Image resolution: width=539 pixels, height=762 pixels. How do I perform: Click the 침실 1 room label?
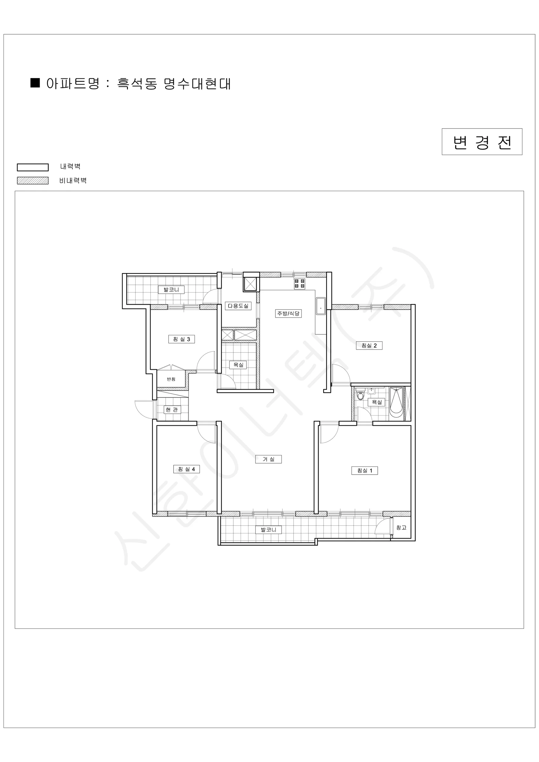click(364, 470)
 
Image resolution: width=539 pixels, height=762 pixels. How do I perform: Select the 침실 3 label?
click(181, 339)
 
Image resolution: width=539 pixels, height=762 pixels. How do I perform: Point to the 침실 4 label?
click(186, 469)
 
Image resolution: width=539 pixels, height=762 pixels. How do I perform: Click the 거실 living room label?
click(268, 459)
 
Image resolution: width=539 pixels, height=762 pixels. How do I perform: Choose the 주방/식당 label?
click(288, 313)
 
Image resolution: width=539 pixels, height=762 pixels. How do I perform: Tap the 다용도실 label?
click(238, 306)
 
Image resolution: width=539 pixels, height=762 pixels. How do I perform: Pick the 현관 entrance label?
click(172, 410)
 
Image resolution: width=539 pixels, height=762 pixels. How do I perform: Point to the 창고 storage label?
click(401, 527)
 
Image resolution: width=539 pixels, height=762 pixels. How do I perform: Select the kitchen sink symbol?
click(321, 306)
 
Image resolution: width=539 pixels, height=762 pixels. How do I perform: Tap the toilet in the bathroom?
click(360, 395)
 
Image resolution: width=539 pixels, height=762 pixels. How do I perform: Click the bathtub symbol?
click(396, 404)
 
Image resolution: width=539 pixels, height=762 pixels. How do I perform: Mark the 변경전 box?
click(482, 142)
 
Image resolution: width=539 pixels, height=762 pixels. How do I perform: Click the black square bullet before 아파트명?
click(35, 83)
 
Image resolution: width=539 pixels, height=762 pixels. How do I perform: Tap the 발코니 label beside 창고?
click(268, 530)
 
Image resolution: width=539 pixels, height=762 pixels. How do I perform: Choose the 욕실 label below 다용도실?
click(238, 365)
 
